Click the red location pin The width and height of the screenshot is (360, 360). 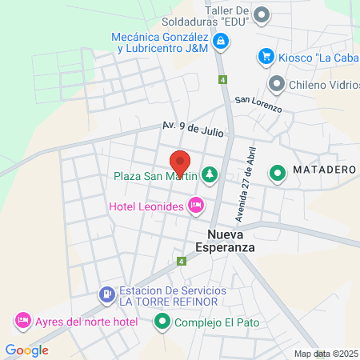tap(181, 163)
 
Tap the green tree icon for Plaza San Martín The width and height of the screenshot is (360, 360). tap(210, 174)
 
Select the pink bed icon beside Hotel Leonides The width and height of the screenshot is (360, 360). tap(194, 206)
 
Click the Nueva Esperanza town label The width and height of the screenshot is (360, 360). tap(230, 241)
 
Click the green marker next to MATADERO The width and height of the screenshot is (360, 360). tap(278, 172)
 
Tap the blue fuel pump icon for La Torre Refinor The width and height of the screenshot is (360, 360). tap(107, 294)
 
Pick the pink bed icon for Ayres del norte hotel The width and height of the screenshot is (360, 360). tap(23, 322)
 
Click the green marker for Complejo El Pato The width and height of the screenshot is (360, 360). tap(162, 322)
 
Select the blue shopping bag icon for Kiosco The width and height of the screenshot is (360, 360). tap(266, 56)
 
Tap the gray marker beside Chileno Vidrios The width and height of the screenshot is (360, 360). tap(277, 82)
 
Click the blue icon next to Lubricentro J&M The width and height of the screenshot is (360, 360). tap(219, 39)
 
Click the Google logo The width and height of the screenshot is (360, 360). tap(26, 350)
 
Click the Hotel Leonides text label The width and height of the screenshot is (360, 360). tap(146, 207)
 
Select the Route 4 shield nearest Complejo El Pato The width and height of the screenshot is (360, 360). tap(182, 261)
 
